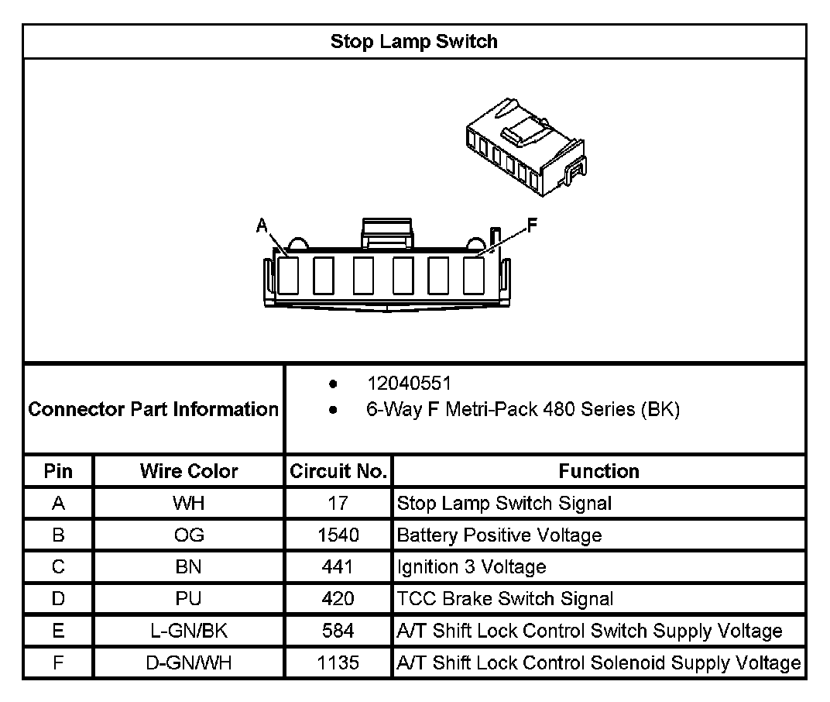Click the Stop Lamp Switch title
pyautogui.click(x=414, y=41)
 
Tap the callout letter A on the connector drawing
pyautogui.click(x=262, y=226)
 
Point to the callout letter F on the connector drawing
pyautogui.click(x=533, y=225)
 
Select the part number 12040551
pyautogui.click(x=409, y=384)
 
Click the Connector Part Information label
pyautogui.click(x=153, y=409)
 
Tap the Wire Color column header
pyautogui.click(x=189, y=471)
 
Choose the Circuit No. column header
pyautogui.click(x=338, y=471)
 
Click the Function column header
pyautogui.click(x=598, y=471)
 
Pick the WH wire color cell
pyautogui.click(x=189, y=504)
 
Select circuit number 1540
pyautogui.click(x=338, y=535)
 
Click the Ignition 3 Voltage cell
pyautogui.click(x=472, y=567)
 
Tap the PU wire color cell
pyautogui.click(x=189, y=599)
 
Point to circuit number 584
pyautogui.click(x=338, y=631)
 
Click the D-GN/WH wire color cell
pyautogui.click(x=189, y=663)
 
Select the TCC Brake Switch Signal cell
pyautogui.click(x=505, y=599)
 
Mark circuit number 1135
pyautogui.click(x=338, y=663)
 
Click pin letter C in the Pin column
pyautogui.click(x=58, y=567)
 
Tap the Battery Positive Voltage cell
pyautogui.click(x=499, y=535)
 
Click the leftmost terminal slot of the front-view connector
pyautogui.click(x=287, y=275)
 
